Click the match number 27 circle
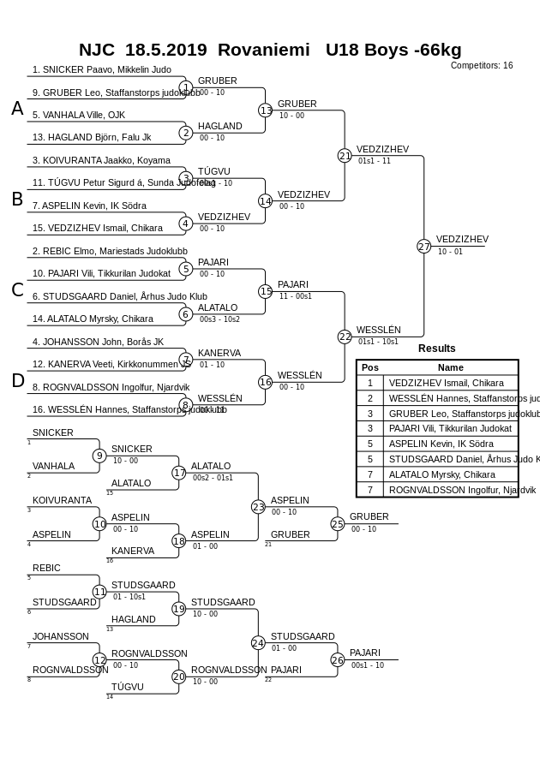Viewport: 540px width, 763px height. (423, 246)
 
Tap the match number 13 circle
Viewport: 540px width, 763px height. (266, 110)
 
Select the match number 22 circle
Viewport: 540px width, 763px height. (345, 337)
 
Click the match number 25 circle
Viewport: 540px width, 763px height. (338, 524)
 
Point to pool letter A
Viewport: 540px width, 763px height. (17, 109)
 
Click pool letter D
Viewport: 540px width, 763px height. (17, 381)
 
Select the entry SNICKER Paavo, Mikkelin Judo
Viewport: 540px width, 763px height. (101, 69)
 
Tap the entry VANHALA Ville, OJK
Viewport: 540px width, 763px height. (79, 115)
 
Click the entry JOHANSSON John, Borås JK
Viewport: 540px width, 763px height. (98, 342)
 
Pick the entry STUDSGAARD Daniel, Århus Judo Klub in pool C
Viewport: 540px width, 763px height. (120, 296)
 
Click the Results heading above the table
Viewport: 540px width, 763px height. (437, 349)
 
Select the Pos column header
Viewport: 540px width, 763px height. (369, 367)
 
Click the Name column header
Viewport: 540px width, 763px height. (450, 367)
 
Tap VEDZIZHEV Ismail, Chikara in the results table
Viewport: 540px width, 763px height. (446, 383)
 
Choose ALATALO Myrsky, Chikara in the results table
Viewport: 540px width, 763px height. (441, 474)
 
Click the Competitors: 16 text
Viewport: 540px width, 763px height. (482, 65)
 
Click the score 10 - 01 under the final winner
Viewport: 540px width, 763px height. (450, 252)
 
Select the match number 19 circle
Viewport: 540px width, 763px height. (179, 609)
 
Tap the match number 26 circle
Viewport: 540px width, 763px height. (338, 659)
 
